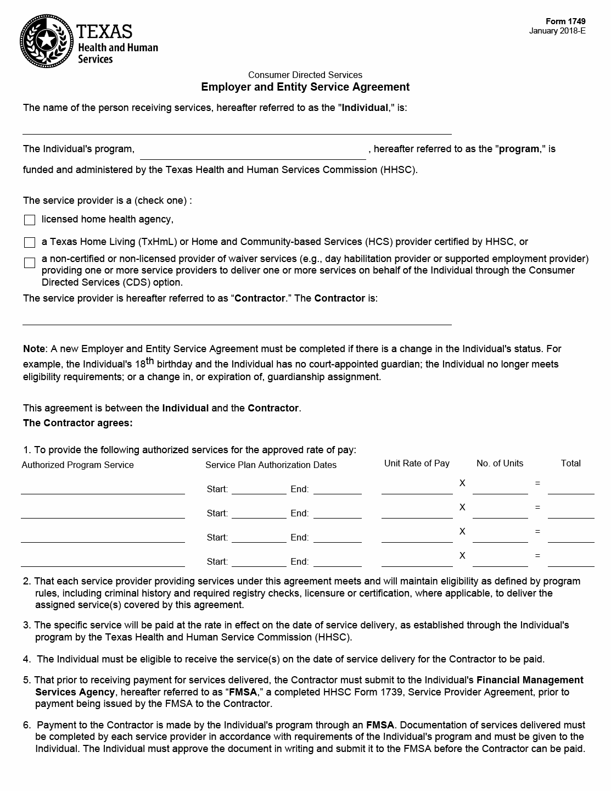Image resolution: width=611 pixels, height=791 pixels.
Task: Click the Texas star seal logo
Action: pyautogui.click(x=47, y=40)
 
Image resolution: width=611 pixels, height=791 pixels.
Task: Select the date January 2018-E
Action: pyautogui.click(x=557, y=31)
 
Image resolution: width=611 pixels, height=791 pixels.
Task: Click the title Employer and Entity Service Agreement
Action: pyautogui.click(x=305, y=87)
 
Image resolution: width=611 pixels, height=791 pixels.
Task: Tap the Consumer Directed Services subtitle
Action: pyautogui.click(x=305, y=75)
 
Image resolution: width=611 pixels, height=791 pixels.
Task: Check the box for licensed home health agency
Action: pyautogui.click(x=30, y=220)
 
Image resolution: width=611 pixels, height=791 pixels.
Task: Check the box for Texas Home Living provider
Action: pyautogui.click(x=30, y=242)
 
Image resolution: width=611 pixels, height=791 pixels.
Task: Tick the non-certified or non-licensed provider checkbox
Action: pyautogui.click(x=30, y=263)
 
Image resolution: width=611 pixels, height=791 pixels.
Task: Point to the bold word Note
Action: pyautogui.click(x=34, y=349)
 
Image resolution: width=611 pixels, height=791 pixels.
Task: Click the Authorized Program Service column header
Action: pyautogui.click(x=77, y=465)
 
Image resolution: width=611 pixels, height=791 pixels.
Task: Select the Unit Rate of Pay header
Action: pyautogui.click(x=417, y=463)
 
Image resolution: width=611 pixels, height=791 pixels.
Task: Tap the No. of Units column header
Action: pyautogui.click(x=500, y=463)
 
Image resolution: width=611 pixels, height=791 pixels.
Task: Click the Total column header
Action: pyautogui.click(x=570, y=463)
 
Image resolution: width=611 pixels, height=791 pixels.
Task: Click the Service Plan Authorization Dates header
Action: pyautogui.click(x=271, y=465)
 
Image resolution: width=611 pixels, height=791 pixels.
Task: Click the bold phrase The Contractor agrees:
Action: pyautogui.click(x=77, y=423)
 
